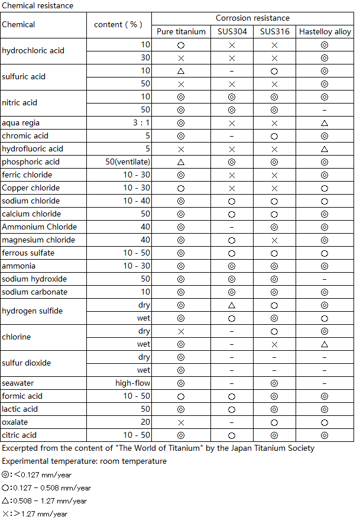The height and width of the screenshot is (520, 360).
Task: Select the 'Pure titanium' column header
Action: pos(181,31)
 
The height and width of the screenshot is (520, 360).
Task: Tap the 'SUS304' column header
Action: pos(232,31)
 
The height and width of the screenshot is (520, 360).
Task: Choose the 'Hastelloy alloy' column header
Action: pos(325,31)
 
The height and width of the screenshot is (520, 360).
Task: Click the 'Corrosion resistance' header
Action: pos(252,18)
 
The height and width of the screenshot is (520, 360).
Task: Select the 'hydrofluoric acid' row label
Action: pos(33,148)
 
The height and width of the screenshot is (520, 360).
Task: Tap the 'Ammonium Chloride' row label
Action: pos(40,227)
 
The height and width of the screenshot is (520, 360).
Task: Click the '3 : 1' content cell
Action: pos(140,122)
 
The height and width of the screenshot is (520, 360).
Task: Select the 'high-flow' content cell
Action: pos(133,383)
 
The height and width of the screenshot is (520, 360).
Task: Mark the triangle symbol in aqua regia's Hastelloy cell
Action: pos(325,122)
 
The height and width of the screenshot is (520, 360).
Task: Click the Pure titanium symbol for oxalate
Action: pos(181,422)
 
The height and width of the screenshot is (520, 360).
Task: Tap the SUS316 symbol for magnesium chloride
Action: pos(274,240)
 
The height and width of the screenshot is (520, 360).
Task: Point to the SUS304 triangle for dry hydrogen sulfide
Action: pos(232,305)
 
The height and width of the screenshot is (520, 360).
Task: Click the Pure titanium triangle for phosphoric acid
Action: pos(181,162)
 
